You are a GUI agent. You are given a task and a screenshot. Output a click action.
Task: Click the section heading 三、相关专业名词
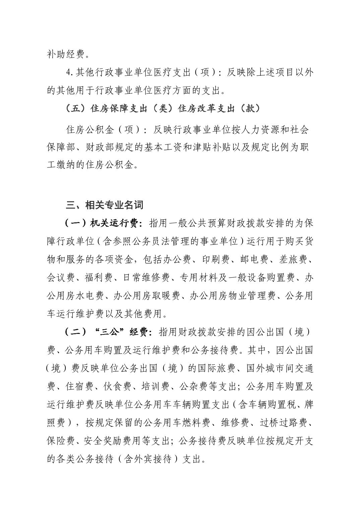(x=105, y=205)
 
